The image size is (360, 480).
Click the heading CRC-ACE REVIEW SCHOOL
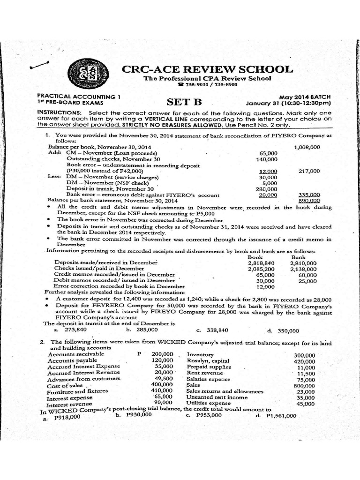coord(207,69)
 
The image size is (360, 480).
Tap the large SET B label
coord(184,102)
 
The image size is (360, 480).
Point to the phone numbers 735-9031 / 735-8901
coord(208,85)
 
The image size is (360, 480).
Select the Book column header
coord(255,257)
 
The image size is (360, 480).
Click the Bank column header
coord(298,257)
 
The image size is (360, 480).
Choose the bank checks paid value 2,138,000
coord(303,270)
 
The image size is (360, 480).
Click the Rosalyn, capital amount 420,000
coord(304,361)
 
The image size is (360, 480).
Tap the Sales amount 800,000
coord(304,386)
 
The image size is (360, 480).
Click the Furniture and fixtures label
coord(77,391)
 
